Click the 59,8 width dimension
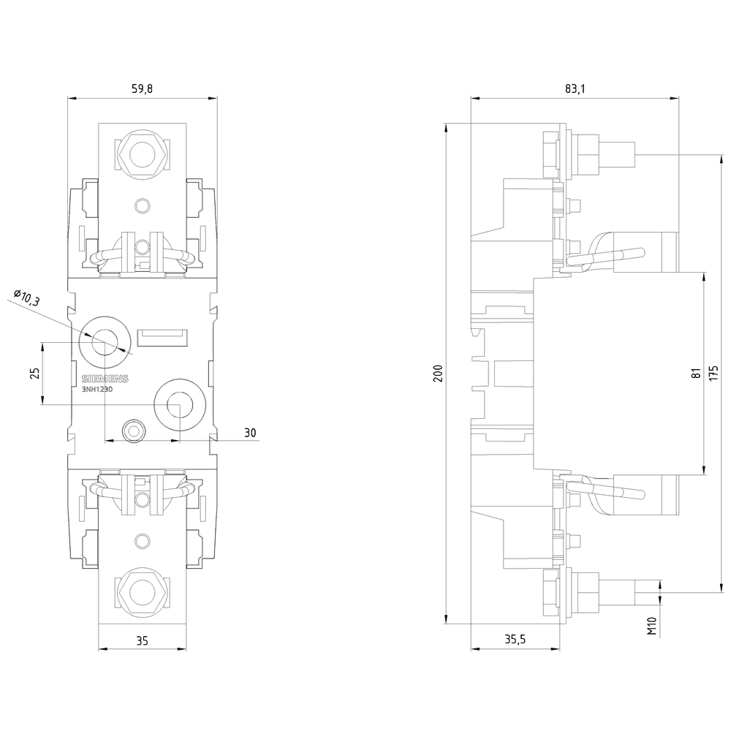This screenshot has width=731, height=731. click(142, 89)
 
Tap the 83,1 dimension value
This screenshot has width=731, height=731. click(575, 89)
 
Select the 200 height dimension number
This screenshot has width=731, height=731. click(438, 374)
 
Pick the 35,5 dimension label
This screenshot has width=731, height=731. click(516, 640)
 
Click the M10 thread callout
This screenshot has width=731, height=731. click(653, 626)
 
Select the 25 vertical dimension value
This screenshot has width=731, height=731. click(34, 373)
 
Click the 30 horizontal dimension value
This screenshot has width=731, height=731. click(250, 433)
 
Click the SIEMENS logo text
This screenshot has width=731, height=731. click(104, 379)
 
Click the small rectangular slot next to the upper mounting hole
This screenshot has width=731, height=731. click(163, 337)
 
